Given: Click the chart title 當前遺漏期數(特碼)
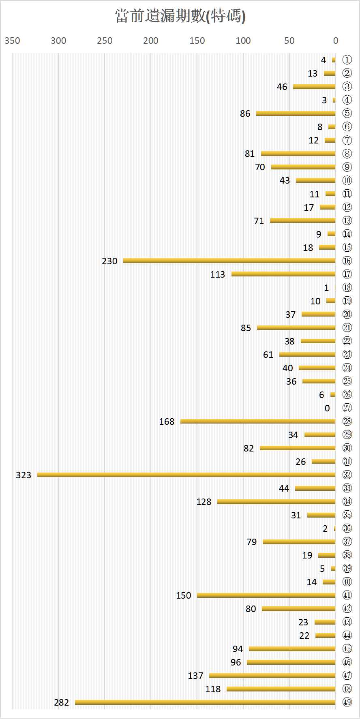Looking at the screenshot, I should [x=180, y=16].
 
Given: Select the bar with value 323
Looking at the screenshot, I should [x=186, y=475].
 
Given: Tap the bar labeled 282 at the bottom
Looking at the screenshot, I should [x=205, y=702].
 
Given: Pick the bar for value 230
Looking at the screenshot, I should [x=229, y=261].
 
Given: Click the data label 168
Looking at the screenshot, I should [x=167, y=422].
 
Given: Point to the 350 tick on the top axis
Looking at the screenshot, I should [x=12, y=41].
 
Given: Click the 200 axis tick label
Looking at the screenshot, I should [x=151, y=41].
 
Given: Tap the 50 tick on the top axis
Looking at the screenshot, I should [x=289, y=41].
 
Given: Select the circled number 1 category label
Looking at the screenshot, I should [x=347, y=60].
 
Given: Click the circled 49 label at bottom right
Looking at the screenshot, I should [x=347, y=702].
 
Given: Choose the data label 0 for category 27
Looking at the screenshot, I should [x=327, y=408].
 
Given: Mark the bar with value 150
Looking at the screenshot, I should [x=266, y=595].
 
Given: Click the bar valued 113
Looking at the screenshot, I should [x=283, y=274].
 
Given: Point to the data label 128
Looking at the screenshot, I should [x=204, y=502].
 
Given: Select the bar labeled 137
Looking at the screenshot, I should [x=272, y=676].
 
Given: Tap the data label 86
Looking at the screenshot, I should [x=245, y=113].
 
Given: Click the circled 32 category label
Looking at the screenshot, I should [x=347, y=475].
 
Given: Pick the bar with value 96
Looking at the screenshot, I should [x=291, y=662].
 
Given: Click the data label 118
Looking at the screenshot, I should [x=213, y=689].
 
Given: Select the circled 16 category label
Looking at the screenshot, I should [x=347, y=261].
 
